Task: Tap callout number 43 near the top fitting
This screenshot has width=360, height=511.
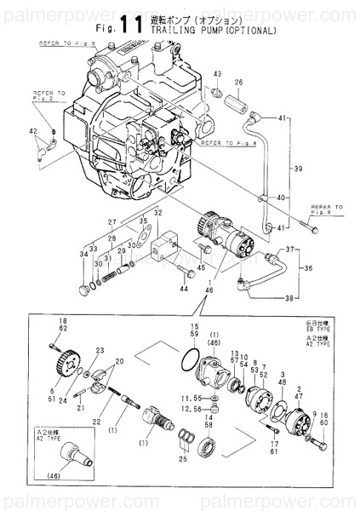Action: pos(217,74)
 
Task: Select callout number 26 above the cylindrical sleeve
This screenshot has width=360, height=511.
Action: pos(238,82)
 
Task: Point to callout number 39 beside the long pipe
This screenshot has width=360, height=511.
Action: pos(299,169)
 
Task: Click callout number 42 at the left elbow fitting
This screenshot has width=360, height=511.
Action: pos(32,130)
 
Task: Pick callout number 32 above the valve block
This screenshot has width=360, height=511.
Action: pos(157,212)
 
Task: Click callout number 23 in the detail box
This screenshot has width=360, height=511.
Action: pos(100,350)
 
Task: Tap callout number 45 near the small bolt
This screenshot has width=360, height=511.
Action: pos(202,268)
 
